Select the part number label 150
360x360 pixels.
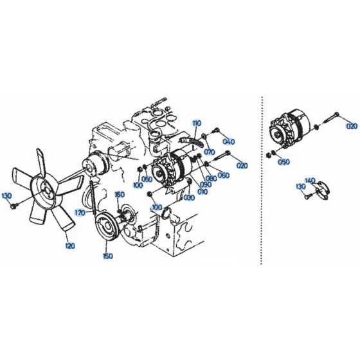107,255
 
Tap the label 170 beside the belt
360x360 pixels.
79,212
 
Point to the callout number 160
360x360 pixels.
119,194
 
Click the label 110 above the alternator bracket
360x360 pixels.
196,122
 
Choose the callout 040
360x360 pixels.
229,141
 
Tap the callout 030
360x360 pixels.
188,198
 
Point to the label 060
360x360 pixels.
224,175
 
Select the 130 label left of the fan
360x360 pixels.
6,195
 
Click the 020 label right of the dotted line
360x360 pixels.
351,126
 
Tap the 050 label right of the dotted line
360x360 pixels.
282,163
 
